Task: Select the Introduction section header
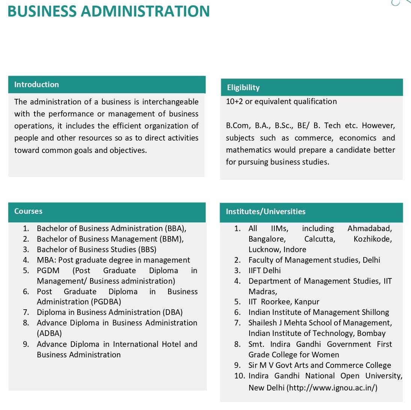36,85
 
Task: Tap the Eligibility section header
243,88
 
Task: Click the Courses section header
28,211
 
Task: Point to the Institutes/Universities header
265,212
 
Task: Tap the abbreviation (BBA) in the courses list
175,228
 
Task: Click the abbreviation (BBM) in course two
172,239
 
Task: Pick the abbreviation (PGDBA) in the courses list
106,302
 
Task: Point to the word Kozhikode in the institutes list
372,239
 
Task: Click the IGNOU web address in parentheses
332,388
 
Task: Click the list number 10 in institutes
239,376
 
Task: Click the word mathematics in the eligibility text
248,150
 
